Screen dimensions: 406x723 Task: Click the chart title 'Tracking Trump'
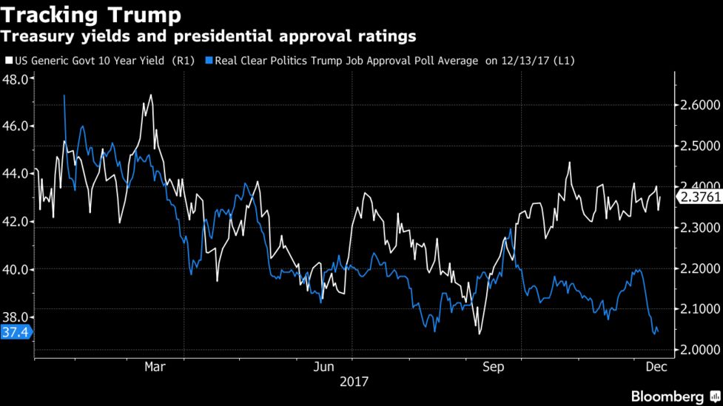click(x=94, y=15)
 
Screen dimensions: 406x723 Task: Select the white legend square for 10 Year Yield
click(x=8, y=61)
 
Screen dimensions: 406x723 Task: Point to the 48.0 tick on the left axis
click(x=16, y=78)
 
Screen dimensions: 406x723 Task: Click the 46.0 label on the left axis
click(x=16, y=126)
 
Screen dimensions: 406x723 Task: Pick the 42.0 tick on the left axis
click(x=16, y=222)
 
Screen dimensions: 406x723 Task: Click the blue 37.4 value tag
click(x=16, y=333)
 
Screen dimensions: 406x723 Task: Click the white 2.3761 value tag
click(x=699, y=197)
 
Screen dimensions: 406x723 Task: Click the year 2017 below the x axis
click(x=354, y=382)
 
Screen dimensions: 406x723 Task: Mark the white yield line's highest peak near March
click(x=151, y=95)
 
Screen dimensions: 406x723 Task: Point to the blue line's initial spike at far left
click(x=64, y=95)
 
